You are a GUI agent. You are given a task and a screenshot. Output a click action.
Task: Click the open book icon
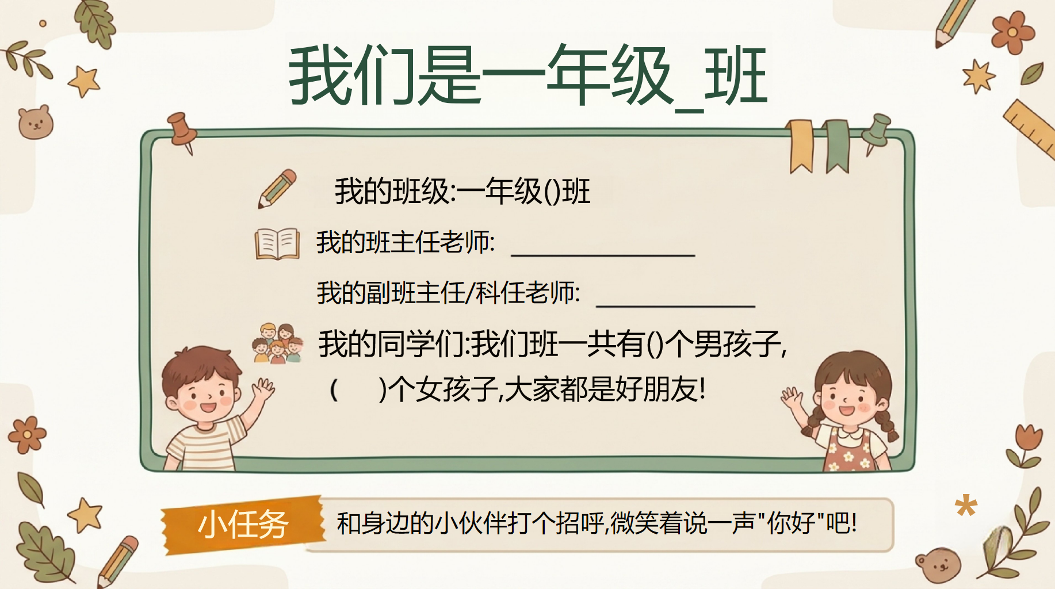[x=277, y=244]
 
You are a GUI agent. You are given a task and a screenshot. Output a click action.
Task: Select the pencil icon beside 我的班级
[x=277, y=189]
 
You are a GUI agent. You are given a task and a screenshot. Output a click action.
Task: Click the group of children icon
[x=278, y=343]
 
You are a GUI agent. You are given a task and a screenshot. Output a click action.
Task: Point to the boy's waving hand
[x=263, y=389]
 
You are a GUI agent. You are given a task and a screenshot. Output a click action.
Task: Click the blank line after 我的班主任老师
[x=603, y=255]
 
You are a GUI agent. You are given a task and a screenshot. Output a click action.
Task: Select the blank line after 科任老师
[x=675, y=306]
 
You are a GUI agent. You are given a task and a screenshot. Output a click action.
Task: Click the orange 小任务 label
[x=243, y=525]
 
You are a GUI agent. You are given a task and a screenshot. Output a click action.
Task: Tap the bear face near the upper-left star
[x=36, y=122]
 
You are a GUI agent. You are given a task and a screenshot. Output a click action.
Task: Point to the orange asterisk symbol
[x=966, y=506]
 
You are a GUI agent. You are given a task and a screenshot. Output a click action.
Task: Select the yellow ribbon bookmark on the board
[x=801, y=146]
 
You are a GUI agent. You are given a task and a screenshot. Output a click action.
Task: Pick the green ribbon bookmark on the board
[x=837, y=146]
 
